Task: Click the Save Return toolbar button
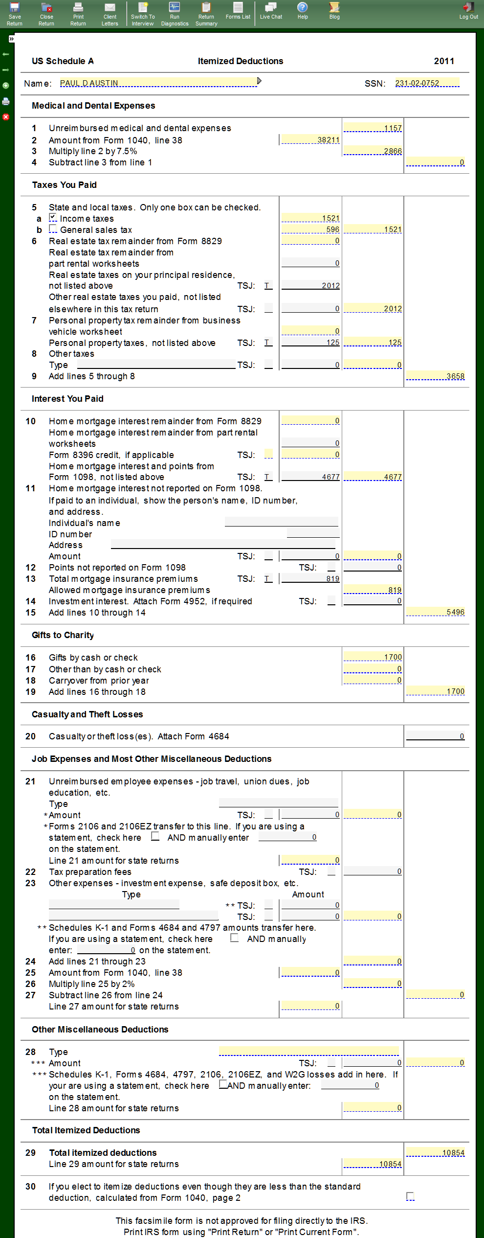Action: pyautogui.click(x=15, y=13)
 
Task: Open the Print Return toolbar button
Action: pyautogui.click(x=78, y=13)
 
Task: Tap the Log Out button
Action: pyautogui.click(x=468, y=11)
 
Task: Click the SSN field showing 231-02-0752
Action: pyautogui.click(x=427, y=83)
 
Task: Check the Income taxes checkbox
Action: pyautogui.click(x=53, y=218)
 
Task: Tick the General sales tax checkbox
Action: pyautogui.click(x=53, y=229)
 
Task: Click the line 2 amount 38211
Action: pyautogui.click(x=311, y=140)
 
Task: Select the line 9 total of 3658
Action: pyautogui.click(x=436, y=376)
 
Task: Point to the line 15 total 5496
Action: pyautogui.click(x=436, y=612)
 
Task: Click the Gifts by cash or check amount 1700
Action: pyautogui.click(x=373, y=657)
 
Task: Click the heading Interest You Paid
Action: pyautogui.click(x=67, y=399)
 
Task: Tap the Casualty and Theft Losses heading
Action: pyautogui.click(x=88, y=714)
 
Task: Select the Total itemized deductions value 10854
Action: pyautogui.click(x=436, y=1152)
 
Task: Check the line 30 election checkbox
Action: pyautogui.click(x=410, y=1196)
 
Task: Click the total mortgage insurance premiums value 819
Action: pyautogui.click(x=311, y=578)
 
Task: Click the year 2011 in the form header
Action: pyautogui.click(x=444, y=61)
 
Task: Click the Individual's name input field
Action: pyautogui.click(x=282, y=522)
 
